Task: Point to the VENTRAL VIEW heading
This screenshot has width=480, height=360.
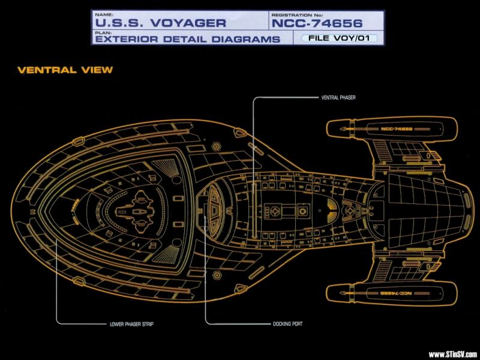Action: (65, 70)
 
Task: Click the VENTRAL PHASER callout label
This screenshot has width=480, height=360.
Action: (339, 97)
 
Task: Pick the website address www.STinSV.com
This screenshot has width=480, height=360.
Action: (453, 353)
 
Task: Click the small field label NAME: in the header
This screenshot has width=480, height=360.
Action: (103, 13)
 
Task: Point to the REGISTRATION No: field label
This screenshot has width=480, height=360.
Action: (298, 13)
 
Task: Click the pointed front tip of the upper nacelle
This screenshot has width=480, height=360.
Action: (329, 128)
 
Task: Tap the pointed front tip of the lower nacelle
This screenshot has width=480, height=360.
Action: (329, 292)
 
